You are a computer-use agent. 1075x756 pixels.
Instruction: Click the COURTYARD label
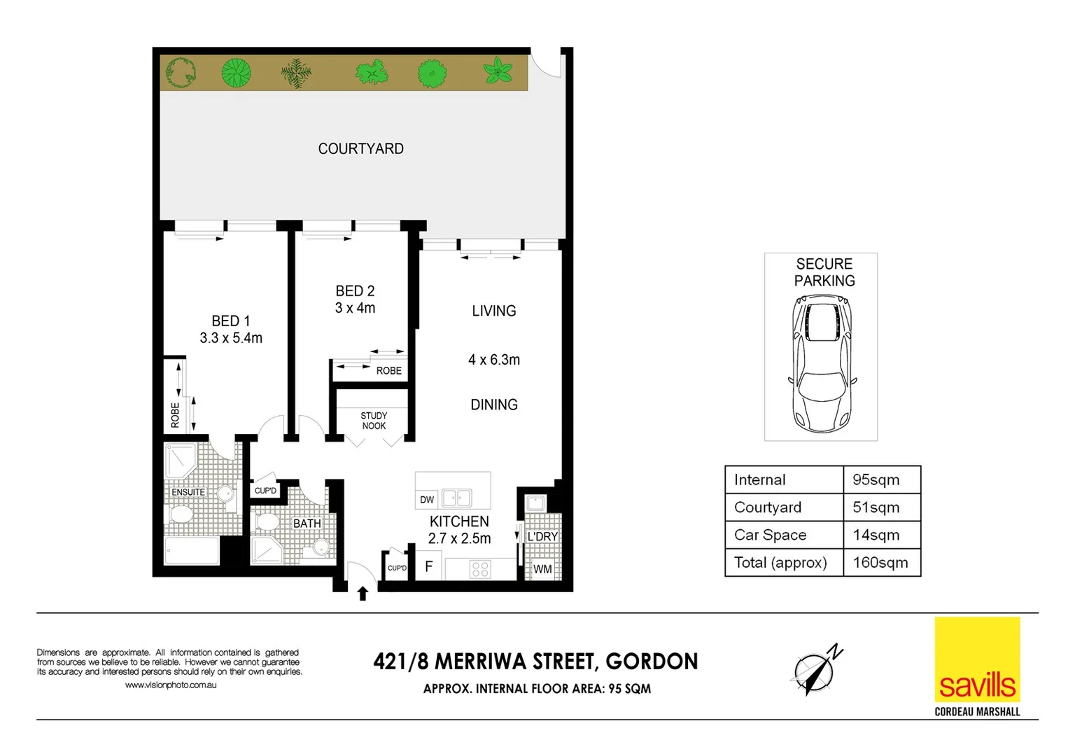click(x=360, y=148)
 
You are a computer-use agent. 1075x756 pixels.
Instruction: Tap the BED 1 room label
click(x=230, y=321)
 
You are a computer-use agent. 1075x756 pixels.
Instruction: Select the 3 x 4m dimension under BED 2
click(x=355, y=308)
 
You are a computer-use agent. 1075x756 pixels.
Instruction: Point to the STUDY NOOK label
click(x=374, y=421)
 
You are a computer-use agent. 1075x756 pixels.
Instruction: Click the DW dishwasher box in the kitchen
click(x=427, y=499)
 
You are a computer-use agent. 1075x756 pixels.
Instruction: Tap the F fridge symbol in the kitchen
click(x=429, y=567)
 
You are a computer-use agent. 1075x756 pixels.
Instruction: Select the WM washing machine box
click(x=542, y=569)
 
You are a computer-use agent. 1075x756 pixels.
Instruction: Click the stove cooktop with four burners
click(x=480, y=568)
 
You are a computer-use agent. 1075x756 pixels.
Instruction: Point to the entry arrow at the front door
click(x=363, y=594)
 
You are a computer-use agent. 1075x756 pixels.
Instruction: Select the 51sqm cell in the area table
click(x=875, y=507)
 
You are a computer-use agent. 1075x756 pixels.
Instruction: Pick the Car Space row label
click(x=770, y=535)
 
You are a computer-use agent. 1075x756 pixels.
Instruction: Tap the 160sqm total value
click(x=880, y=563)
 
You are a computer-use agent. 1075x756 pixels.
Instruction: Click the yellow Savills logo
click(x=977, y=659)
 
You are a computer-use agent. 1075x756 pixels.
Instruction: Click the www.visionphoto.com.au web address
click(x=171, y=685)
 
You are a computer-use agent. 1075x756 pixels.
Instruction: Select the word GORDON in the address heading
click(x=652, y=661)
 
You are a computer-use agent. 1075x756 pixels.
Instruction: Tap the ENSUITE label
click(x=188, y=492)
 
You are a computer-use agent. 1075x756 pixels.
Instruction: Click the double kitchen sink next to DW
click(x=456, y=498)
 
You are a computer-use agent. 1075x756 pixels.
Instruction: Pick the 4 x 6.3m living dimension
click(x=494, y=360)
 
